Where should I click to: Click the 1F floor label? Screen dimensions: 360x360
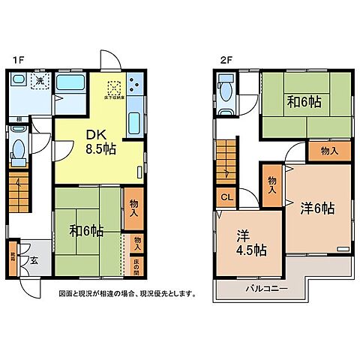[17, 58]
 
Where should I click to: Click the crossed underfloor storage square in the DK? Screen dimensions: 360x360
[113, 87]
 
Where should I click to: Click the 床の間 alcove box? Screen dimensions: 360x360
[136, 266]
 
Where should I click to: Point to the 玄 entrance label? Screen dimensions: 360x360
[34, 261]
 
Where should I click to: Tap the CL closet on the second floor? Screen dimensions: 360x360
[226, 197]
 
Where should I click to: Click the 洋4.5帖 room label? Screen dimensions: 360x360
[244, 242]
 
